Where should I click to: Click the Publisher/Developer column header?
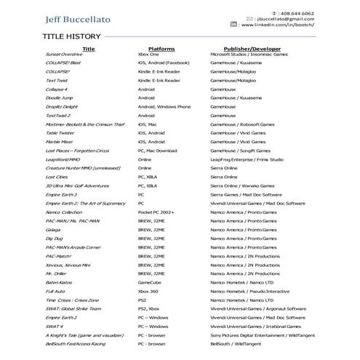click(248, 48)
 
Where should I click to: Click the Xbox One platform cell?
click(148, 55)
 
